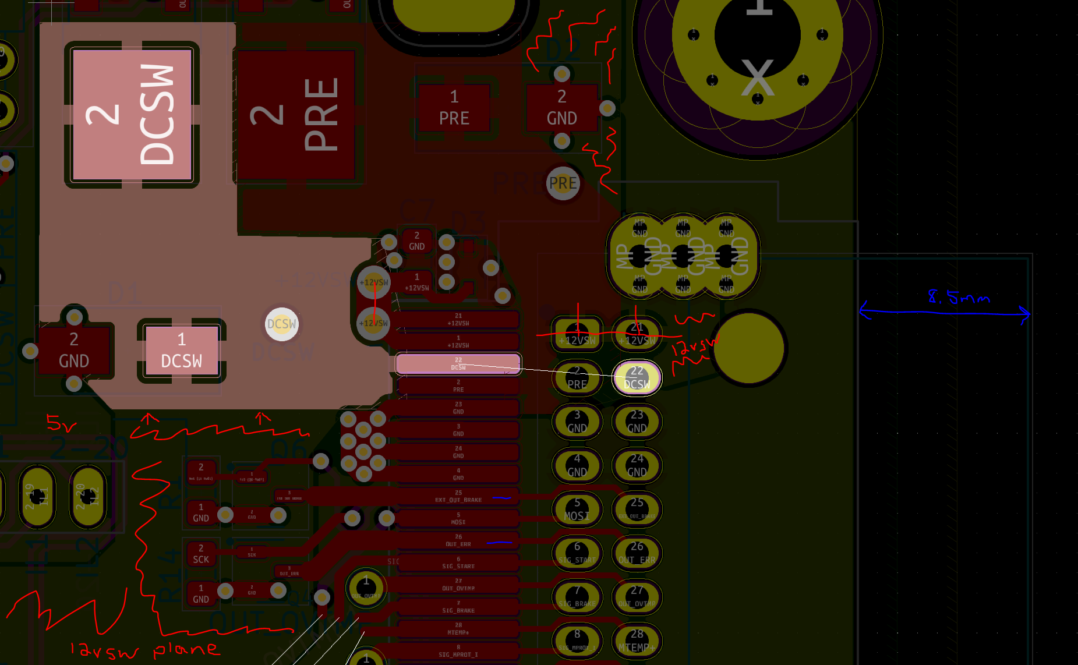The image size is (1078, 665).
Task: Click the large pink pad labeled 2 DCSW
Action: click(132, 114)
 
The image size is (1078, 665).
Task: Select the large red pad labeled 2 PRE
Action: click(296, 115)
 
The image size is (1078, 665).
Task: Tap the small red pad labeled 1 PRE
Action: click(454, 108)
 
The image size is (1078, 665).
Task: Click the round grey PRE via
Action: click(563, 183)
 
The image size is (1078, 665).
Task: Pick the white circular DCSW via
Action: click(281, 324)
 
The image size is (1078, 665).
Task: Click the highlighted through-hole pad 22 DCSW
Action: click(637, 378)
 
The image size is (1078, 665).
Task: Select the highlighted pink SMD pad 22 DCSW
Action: click(458, 364)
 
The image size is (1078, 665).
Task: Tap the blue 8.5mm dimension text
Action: click(958, 298)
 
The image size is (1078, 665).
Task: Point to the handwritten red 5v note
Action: click(61, 423)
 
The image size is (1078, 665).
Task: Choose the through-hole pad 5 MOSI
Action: click(577, 510)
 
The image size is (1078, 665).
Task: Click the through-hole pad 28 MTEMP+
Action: click(637, 641)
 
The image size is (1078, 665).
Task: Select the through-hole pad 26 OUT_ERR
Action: click(637, 553)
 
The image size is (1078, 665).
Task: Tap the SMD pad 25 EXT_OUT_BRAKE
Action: click(458, 496)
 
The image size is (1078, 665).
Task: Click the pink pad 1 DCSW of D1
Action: click(182, 351)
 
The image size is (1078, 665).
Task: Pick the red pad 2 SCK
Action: click(201, 554)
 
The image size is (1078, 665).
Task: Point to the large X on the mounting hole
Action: click(758, 77)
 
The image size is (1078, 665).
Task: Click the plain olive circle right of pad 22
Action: click(750, 348)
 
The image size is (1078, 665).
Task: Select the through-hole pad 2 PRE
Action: click(577, 378)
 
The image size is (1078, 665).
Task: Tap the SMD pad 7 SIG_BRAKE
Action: click(458, 607)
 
